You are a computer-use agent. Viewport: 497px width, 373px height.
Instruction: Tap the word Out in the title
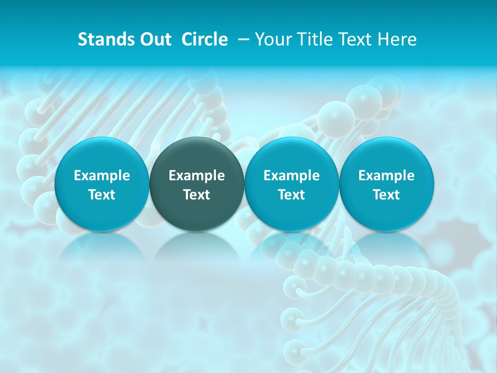tap(155, 40)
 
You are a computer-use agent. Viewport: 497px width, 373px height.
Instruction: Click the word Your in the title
tap(272, 40)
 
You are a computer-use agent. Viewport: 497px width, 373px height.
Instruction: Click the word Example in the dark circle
tap(197, 176)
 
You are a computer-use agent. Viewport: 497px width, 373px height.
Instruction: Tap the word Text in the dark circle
tap(197, 195)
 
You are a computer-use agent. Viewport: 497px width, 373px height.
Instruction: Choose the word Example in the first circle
tap(102, 176)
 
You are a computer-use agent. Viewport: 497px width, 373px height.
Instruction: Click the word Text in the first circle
tap(102, 195)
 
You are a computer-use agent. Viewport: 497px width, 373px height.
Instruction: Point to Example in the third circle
tap(291, 176)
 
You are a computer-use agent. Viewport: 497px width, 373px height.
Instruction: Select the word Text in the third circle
tap(291, 195)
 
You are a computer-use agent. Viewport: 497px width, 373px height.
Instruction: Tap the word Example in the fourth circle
tap(386, 176)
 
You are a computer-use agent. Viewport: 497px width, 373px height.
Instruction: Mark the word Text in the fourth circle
tap(386, 195)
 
